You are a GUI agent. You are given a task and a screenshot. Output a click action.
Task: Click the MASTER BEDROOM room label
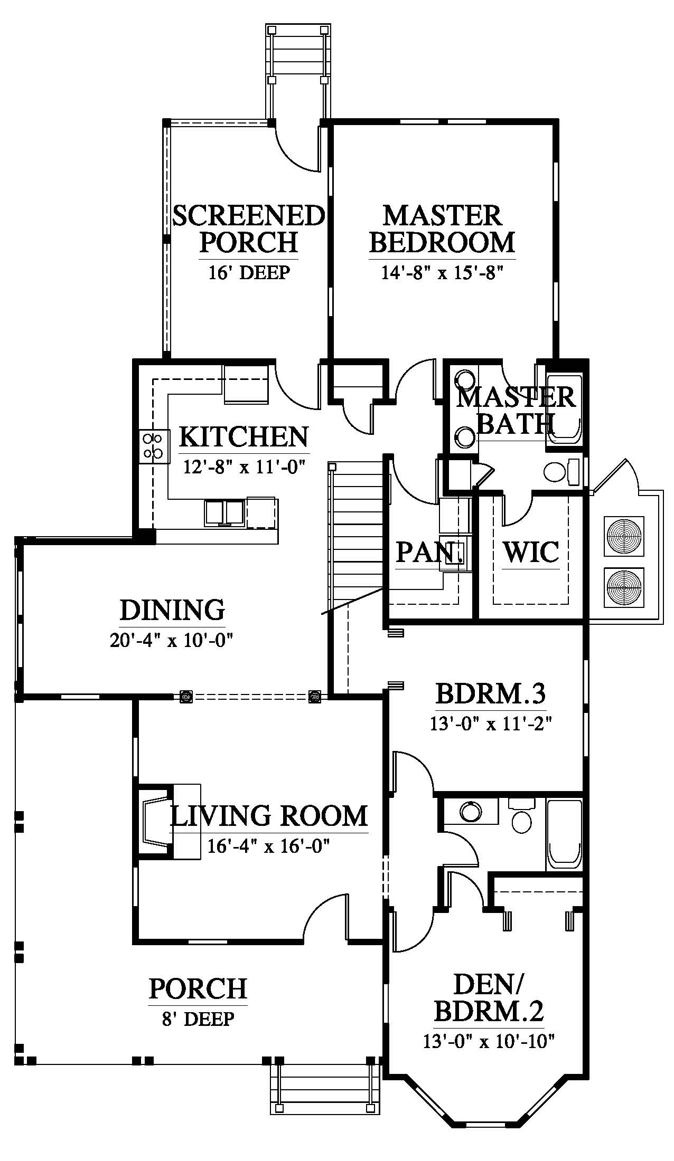[442, 229]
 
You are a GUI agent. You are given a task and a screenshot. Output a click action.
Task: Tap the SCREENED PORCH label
[248, 229]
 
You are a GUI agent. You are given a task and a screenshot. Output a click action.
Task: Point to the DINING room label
[172, 610]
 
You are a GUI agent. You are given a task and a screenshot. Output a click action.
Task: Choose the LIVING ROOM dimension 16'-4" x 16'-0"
[268, 846]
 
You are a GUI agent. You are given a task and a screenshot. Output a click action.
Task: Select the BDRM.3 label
[490, 693]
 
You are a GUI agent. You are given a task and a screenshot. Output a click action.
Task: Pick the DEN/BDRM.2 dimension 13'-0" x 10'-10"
[489, 1042]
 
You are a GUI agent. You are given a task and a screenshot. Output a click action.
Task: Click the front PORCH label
[198, 988]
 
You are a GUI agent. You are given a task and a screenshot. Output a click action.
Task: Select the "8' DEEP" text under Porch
[198, 1019]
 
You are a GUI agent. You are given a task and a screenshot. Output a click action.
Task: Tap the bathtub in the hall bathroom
[564, 834]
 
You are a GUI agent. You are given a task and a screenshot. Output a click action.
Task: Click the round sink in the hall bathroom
[470, 812]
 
